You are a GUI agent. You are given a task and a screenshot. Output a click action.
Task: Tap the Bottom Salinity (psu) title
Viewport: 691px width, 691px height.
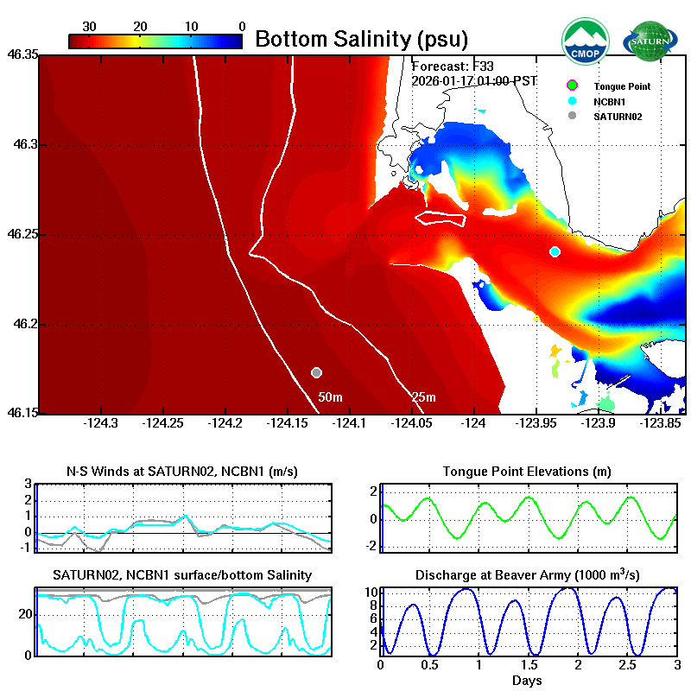tap(362, 39)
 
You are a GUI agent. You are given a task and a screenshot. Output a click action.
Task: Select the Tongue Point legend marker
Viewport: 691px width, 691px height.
tap(571, 86)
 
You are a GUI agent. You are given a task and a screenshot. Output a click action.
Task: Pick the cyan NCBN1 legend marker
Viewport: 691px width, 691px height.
tap(571, 101)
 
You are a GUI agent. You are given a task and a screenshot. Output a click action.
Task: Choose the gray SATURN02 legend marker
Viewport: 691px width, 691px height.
tap(571, 116)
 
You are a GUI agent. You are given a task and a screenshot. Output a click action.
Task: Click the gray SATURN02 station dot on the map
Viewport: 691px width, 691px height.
tap(317, 372)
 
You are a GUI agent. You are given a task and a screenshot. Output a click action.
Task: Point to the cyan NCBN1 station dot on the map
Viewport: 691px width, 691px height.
tap(555, 251)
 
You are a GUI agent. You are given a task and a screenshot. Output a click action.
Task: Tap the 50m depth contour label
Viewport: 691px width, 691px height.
tap(331, 397)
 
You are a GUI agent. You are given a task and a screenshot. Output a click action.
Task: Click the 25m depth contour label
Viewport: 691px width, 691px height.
tap(422, 397)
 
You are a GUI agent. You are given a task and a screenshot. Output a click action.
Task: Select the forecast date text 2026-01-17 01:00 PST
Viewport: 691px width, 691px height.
tap(474, 81)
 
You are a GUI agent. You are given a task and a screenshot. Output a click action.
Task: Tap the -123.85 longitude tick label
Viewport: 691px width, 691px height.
tap(661, 423)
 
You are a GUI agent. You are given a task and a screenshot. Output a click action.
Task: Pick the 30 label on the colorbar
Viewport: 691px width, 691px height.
tap(89, 27)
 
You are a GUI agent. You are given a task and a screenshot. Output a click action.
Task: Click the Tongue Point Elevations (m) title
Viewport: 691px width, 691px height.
tap(527, 472)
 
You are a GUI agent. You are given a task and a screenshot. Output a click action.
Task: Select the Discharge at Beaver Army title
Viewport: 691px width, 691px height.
tap(527, 574)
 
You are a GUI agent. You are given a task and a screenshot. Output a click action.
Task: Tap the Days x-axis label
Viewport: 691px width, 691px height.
tap(527, 681)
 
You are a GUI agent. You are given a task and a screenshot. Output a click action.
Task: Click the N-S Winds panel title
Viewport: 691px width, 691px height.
tap(183, 472)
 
